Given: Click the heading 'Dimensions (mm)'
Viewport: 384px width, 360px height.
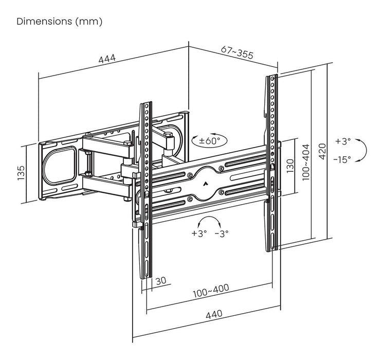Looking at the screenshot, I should pos(60,22).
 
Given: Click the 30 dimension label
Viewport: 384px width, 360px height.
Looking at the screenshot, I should pos(160,281).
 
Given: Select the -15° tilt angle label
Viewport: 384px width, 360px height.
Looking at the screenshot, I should pos(342,159).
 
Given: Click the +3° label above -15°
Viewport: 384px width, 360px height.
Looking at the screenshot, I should pos(342,141).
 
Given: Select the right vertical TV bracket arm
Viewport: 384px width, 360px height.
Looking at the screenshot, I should pos(272,164).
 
